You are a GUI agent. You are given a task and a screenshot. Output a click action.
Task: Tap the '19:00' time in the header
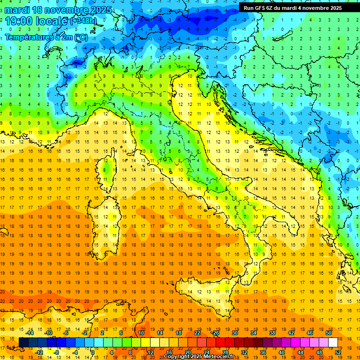22,21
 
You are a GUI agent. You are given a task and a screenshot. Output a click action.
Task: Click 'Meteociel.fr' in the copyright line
222,356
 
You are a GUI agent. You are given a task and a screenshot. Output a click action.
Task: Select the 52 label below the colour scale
338,352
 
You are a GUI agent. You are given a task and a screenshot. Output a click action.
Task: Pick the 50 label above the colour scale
329,333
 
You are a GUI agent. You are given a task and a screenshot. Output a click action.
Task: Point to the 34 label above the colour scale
254,333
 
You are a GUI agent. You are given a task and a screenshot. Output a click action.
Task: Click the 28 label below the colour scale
225,352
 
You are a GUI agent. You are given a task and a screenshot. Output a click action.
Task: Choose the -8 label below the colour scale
56,352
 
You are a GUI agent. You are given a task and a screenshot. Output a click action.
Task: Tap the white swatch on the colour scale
333,342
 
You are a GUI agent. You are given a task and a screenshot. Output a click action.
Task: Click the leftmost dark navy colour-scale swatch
23,342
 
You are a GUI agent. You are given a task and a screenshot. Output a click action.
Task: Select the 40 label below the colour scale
282,352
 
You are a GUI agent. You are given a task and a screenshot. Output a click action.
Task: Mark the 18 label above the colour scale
179,333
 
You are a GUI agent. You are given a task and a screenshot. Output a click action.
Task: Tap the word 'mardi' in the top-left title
19,10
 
